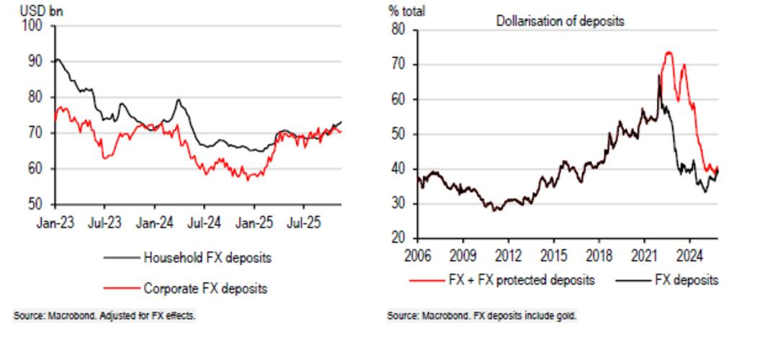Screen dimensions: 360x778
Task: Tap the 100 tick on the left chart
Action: (33, 27)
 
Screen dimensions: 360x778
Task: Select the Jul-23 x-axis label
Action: (104, 223)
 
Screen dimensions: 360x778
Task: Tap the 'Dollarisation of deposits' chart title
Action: (560, 21)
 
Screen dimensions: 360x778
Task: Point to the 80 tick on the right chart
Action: (399, 30)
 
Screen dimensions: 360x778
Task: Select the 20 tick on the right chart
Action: (399, 238)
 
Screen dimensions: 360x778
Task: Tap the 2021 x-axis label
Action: (644, 254)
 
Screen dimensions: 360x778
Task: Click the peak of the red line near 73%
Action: (668, 53)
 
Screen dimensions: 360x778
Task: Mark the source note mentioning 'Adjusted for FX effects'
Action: (104, 316)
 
